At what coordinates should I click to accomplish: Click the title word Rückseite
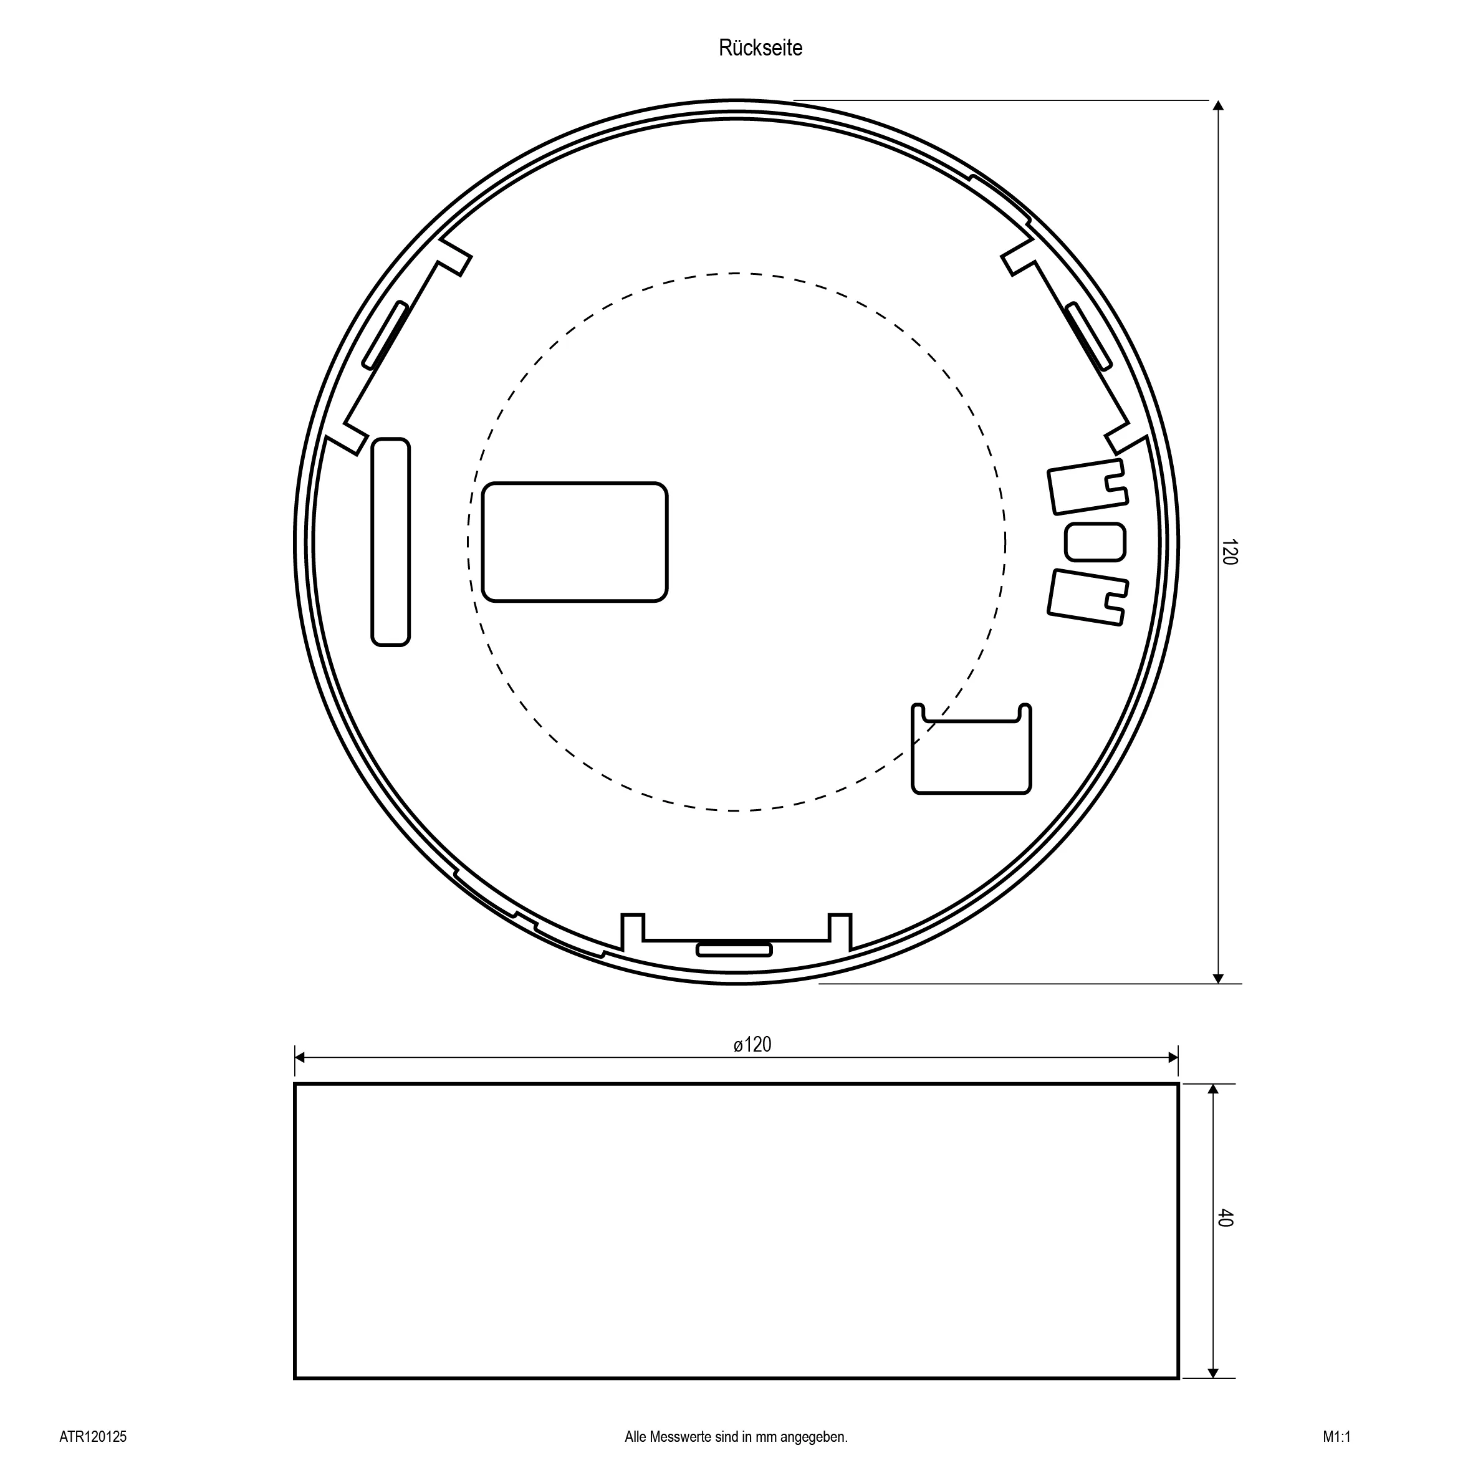click(x=760, y=48)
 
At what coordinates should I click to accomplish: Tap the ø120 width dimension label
click(x=752, y=1045)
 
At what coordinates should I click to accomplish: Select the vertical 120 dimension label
click(x=1228, y=552)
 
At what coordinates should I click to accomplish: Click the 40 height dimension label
click(x=1225, y=1239)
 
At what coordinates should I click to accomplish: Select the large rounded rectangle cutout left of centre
click(x=575, y=542)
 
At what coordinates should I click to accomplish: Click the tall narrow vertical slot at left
click(x=390, y=542)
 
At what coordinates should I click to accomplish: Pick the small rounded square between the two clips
click(x=1095, y=542)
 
